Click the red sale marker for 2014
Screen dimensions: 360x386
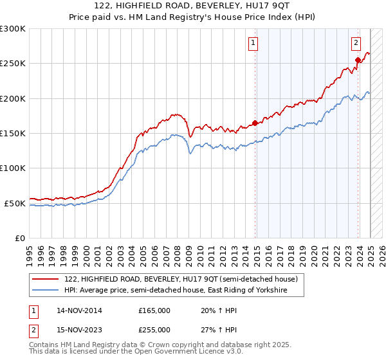[255, 123]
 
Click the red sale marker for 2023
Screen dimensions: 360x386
[358, 60]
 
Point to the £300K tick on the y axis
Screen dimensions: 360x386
[13, 29]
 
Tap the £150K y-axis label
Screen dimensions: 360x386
[13, 134]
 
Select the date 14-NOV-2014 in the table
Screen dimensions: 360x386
[79, 310]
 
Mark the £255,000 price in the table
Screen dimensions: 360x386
[154, 330]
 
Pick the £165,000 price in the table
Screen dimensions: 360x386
[154, 310]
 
